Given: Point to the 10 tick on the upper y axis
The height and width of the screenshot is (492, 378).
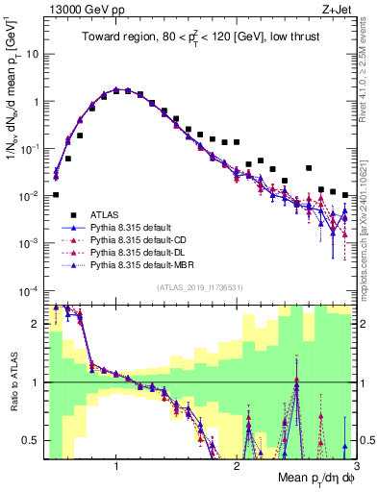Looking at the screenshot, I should point(32,54).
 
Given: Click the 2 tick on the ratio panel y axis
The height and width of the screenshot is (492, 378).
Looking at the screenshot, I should point(36,324).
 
